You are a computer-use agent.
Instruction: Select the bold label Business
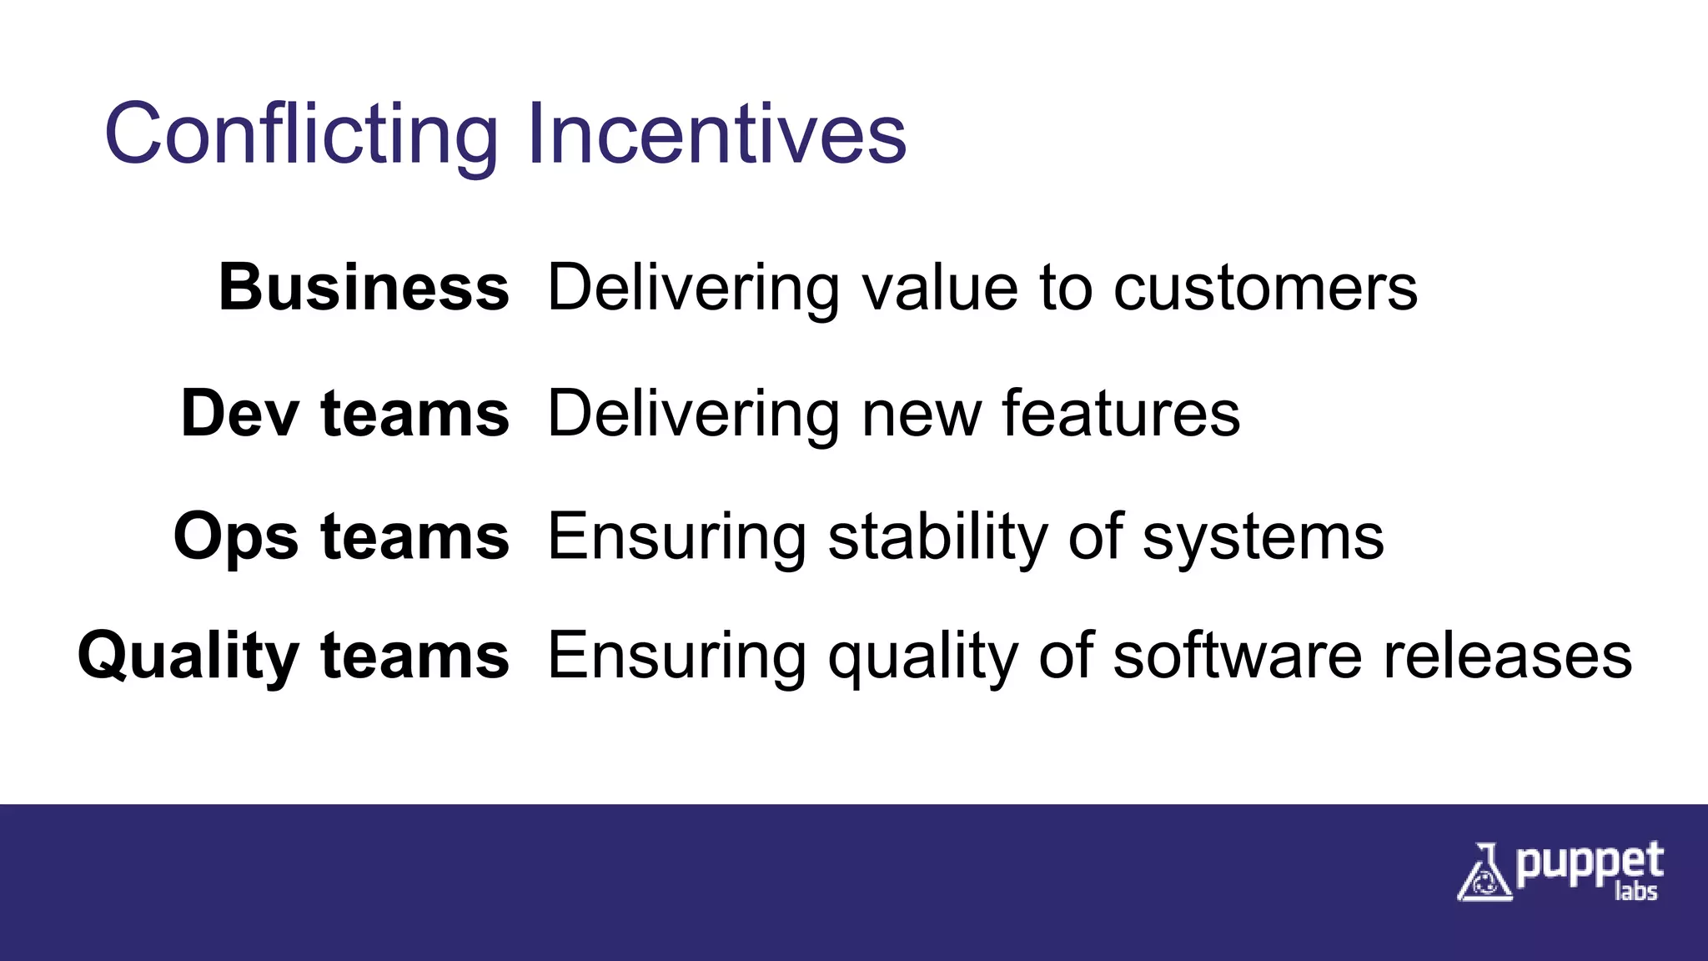click(x=364, y=288)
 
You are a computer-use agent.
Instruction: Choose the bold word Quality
click(x=188, y=657)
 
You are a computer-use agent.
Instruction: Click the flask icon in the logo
click(x=1483, y=873)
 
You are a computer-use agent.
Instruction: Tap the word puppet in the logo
click(x=1590, y=863)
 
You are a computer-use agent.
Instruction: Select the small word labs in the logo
click(x=1635, y=892)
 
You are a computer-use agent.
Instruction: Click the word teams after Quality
click(x=414, y=657)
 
